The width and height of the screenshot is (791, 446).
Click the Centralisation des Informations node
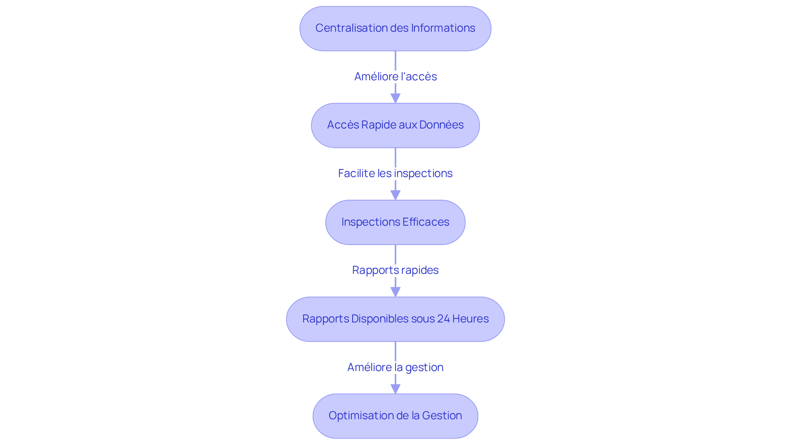(395, 28)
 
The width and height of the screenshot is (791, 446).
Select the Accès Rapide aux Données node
(395, 125)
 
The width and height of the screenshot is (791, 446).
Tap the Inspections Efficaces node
(395, 222)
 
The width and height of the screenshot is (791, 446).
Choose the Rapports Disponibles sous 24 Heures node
(395, 319)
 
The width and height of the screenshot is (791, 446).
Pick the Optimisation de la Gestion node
(395, 416)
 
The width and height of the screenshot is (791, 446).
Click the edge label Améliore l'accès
(395, 77)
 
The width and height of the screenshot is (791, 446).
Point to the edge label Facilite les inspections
(395, 173)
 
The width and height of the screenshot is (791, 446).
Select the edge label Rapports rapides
(395, 270)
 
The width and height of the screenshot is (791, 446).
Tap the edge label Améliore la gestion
(395, 367)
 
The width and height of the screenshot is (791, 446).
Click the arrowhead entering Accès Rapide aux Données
(395, 98)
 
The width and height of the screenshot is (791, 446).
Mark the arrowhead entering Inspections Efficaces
(395, 195)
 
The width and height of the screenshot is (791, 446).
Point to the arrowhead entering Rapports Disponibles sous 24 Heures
(395, 292)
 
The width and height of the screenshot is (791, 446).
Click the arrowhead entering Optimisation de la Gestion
(395, 389)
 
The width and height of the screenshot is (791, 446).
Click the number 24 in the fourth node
(443, 319)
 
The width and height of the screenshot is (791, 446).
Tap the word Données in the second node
(442, 125)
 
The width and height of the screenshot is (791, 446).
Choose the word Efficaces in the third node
(426, 222)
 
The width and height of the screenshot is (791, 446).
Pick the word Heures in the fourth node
(470, 319)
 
